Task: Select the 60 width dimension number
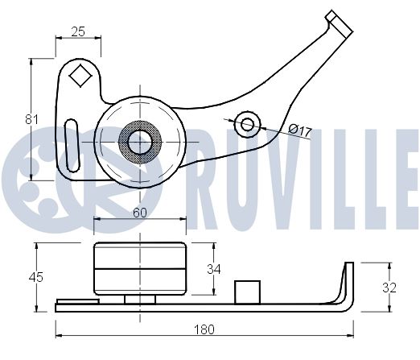[x=139, y=213]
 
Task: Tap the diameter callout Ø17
[x=299, y=129]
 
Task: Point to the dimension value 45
[x=35, y=277]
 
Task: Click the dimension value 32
[x=389, y=288]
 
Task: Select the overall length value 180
[x=205, y=329]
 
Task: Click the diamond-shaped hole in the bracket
[x=80, y=77]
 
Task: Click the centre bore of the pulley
[x=140, y=142]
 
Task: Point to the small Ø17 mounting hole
[x=248, y=123]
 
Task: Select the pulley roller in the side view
[x=140, y=269]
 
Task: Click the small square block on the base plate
[x=245, y=290]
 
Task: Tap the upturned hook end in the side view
[x=348, y=282]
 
